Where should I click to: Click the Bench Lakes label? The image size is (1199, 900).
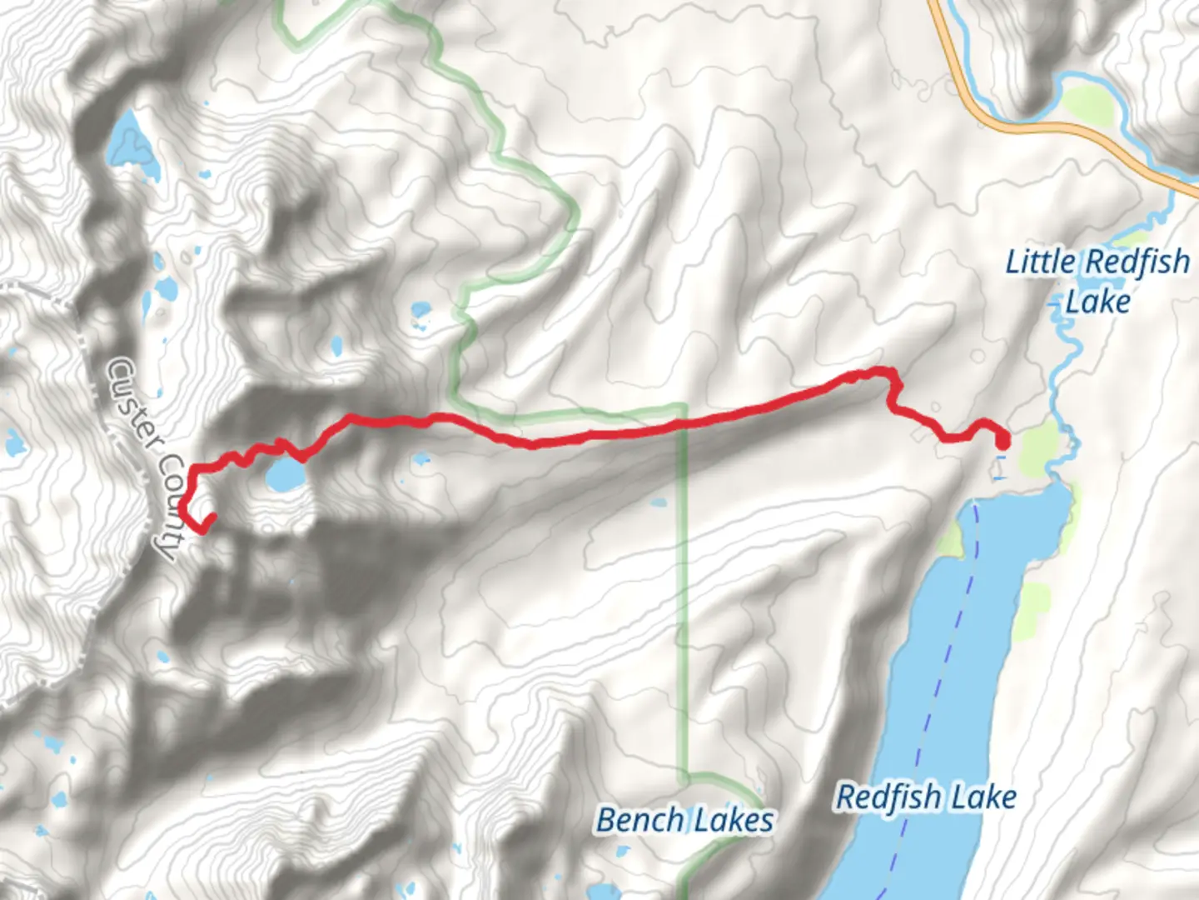pyautogui.click(x=684, y=820)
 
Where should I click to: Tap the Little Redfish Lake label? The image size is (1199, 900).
pyautogui.click(x=1097, y=281)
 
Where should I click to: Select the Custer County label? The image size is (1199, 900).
pyautogui.click(x=146, y=458)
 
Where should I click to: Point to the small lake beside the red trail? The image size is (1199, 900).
pyautogui.click(x=284, y=476)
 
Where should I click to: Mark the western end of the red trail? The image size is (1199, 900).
pyautogui.click(x=211, y=517)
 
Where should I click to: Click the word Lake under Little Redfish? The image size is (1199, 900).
pyautogui.click(x=1097, y=302)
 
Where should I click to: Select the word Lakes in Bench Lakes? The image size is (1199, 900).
pyautogui.click(x=734, y=821)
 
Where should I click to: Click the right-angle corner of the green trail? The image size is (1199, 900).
pyautogui.click(x=683, y=407)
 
